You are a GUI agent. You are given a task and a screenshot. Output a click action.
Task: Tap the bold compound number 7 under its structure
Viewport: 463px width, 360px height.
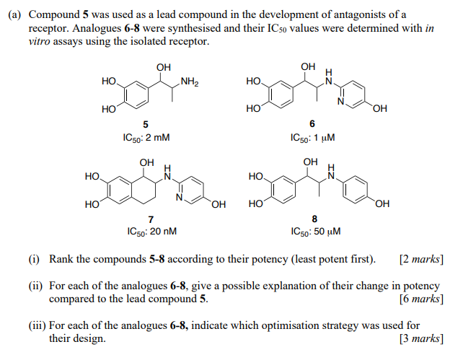149,220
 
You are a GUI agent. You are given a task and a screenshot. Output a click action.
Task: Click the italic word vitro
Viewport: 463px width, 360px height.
39,43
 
